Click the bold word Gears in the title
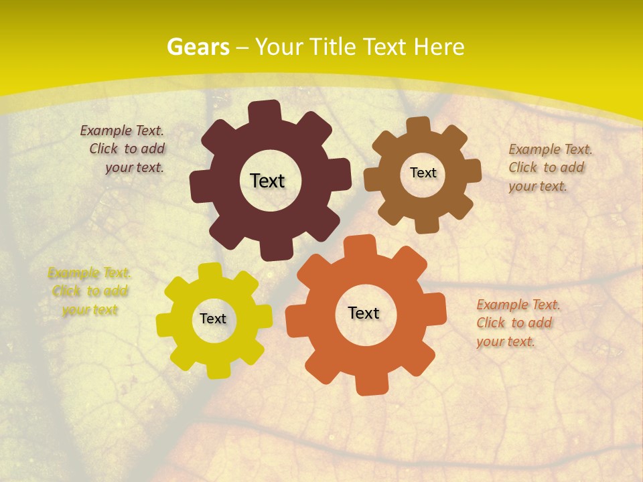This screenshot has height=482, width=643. point(198,47)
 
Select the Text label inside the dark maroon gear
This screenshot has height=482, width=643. point(267,181)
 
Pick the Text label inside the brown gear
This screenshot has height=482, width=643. point(423,173)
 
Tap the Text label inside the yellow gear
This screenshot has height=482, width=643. point(213,319)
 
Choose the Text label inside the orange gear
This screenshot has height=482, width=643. point(364,313)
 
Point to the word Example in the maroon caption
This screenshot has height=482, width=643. point(106,131)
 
